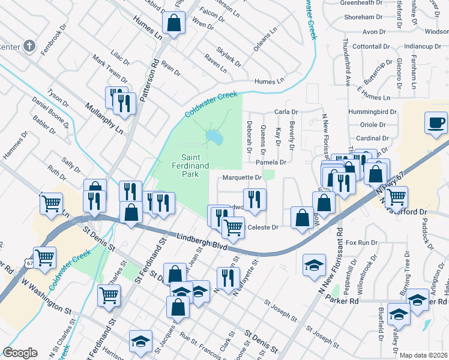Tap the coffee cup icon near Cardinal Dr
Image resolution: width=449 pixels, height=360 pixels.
point(436,124)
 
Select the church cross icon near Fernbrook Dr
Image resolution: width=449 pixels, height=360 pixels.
point(29,46)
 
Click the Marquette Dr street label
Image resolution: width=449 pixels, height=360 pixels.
point(243,178)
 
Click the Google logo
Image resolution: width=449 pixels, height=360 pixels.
point(20,353)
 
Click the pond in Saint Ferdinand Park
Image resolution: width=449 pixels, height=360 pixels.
point(214,138)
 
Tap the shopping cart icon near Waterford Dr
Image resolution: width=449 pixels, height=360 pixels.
point(396,196)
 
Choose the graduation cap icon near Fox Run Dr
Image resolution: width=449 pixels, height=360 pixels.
point(313,265)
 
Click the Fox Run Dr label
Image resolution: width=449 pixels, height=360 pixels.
point(361,242)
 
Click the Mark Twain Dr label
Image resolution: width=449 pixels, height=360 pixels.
point(109,69)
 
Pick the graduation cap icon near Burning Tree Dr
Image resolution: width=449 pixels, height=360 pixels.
point(399,314)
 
